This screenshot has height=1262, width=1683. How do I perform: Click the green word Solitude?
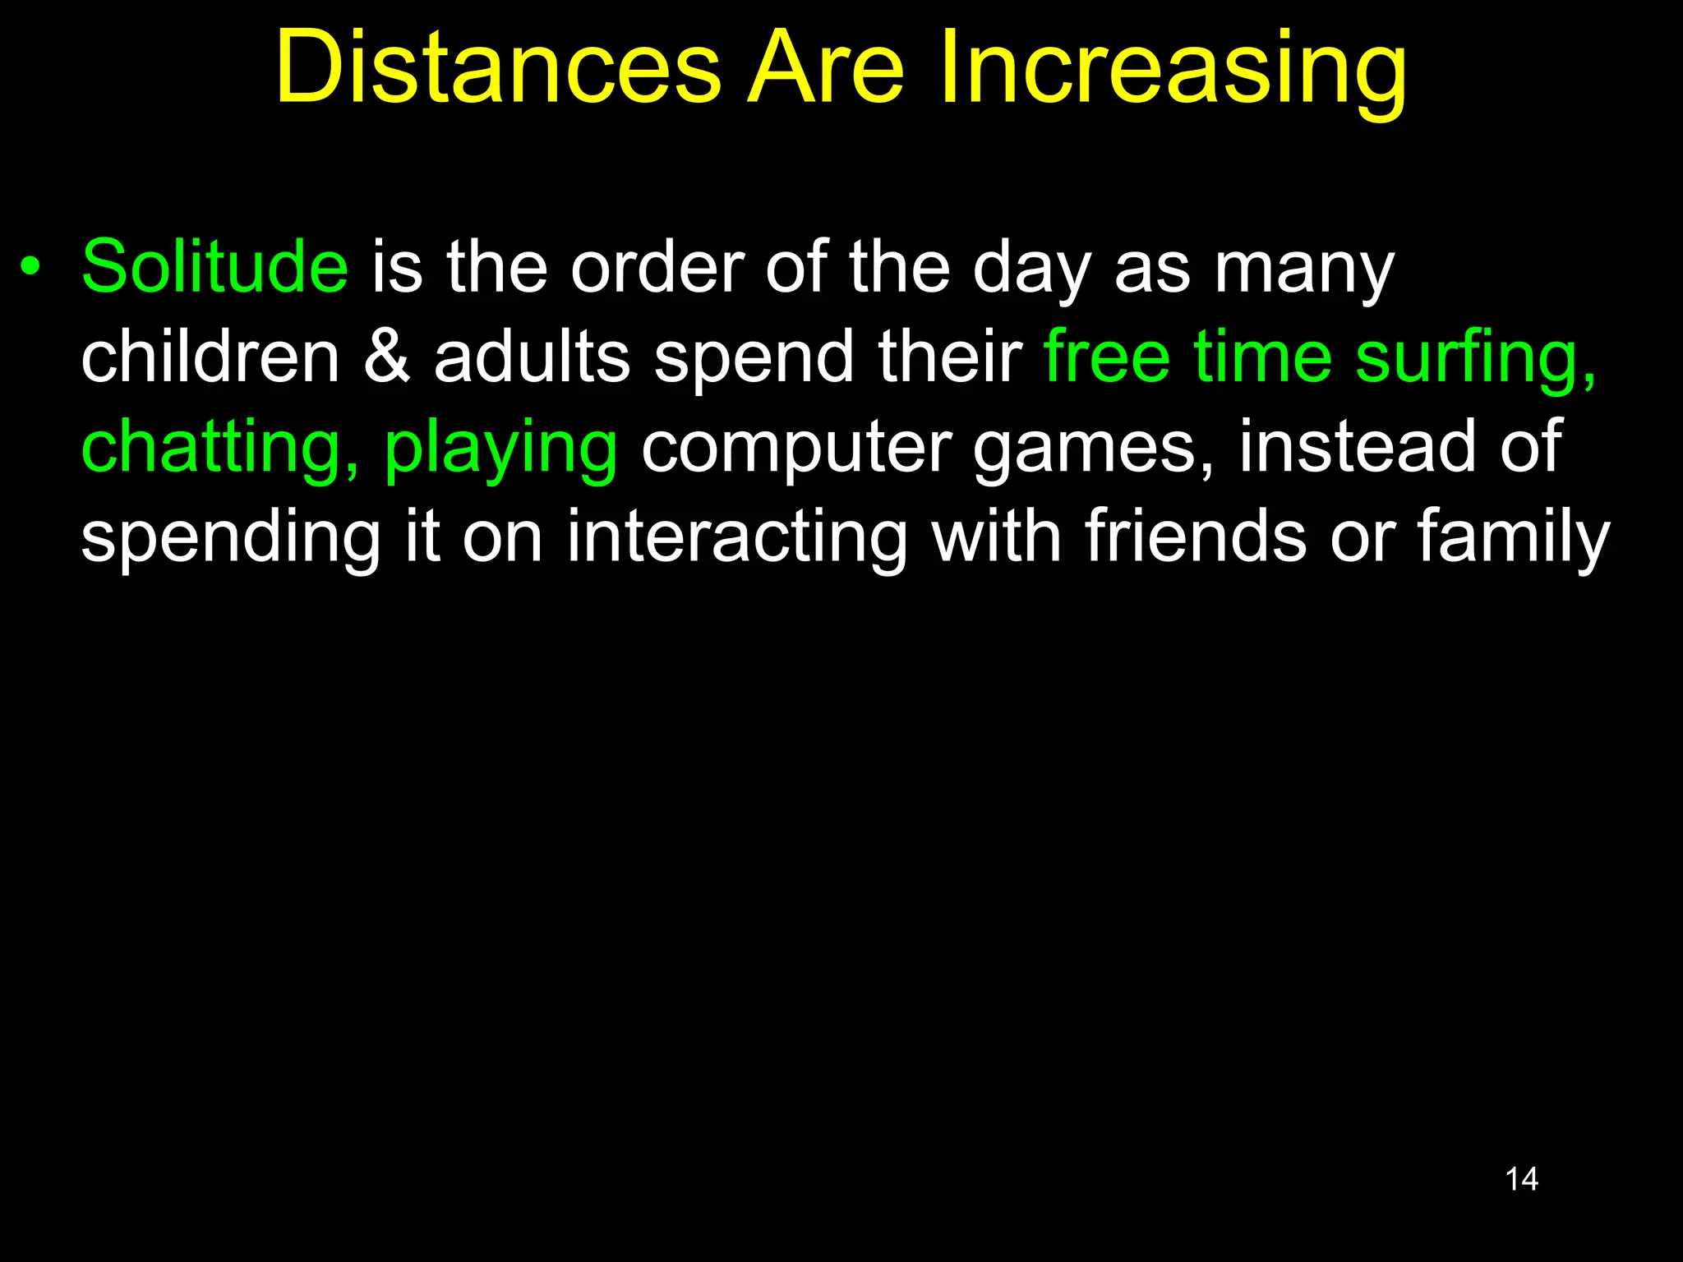(x=214, y=266)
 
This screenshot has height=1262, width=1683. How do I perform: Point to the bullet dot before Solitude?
(x=30, y=267)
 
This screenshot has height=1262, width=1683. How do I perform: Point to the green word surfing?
(x=1475, y=362)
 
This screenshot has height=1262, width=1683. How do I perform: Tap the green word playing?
(x=500, y=451)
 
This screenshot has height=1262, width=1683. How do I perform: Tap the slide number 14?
(x=1521, y=1179)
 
